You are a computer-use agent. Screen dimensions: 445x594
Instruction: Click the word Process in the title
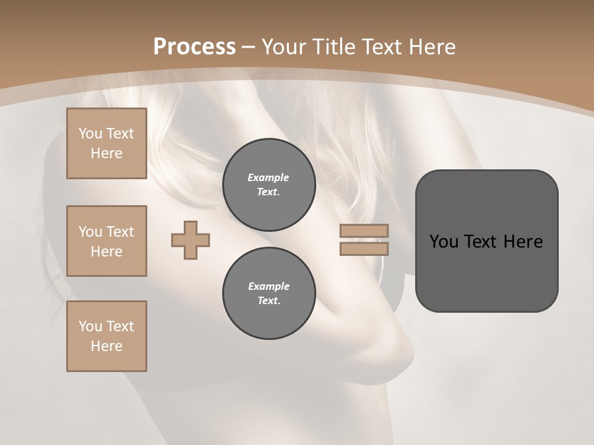(x=194, y=47)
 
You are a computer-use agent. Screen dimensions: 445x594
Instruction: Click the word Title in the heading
(x=332, y=47)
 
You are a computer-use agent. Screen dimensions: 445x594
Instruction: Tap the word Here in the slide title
(x=431, y=47)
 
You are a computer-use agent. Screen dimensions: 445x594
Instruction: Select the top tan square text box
(x=106, y=143)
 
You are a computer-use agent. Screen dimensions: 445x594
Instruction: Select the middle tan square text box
(x=106, y=241)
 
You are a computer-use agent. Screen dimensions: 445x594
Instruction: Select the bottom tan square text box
(x=106, y=336)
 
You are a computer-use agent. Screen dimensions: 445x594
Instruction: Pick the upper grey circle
(x=269, y=184)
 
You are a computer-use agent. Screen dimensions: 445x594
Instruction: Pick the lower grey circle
(x=269, y=294)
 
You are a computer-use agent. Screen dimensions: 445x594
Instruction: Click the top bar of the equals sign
(x=364, y=231)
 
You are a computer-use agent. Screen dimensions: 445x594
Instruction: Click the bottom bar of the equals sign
(x=364, y=249)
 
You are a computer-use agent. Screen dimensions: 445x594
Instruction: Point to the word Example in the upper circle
(x=268, y=177)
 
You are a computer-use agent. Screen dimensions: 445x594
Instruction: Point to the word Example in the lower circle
(x=269, y=286)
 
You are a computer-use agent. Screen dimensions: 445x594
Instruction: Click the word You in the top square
(x=90, y=133)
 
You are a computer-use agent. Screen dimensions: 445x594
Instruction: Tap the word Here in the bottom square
(x=106, y=346)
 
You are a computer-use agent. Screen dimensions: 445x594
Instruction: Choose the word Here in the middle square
(x=106, y=252)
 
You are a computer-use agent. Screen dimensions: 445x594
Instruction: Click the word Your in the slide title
(x=283, y=47)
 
